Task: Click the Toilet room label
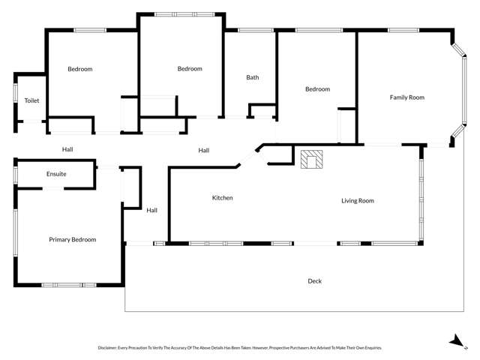click(31, 100)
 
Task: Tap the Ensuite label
click(56, 174)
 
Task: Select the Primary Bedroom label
click(73, 240)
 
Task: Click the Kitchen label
click(223, 198)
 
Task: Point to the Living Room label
click(358, 201)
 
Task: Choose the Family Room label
click(407, 97)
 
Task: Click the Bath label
click(253, 77)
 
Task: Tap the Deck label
click(315, 281)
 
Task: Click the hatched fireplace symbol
click(312, 159)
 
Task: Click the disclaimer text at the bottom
click(240, 348)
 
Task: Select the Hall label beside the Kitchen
click(151, 210)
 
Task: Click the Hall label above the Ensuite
click(67, 149)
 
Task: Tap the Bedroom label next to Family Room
click(318, 89)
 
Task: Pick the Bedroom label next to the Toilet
click(80, 69)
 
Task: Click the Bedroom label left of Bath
click(190, 69)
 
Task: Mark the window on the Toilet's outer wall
click(15, 93)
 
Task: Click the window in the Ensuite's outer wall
click(15, 175)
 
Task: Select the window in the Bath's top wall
click(256, 30)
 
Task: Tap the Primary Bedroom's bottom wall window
click(69, 285)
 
